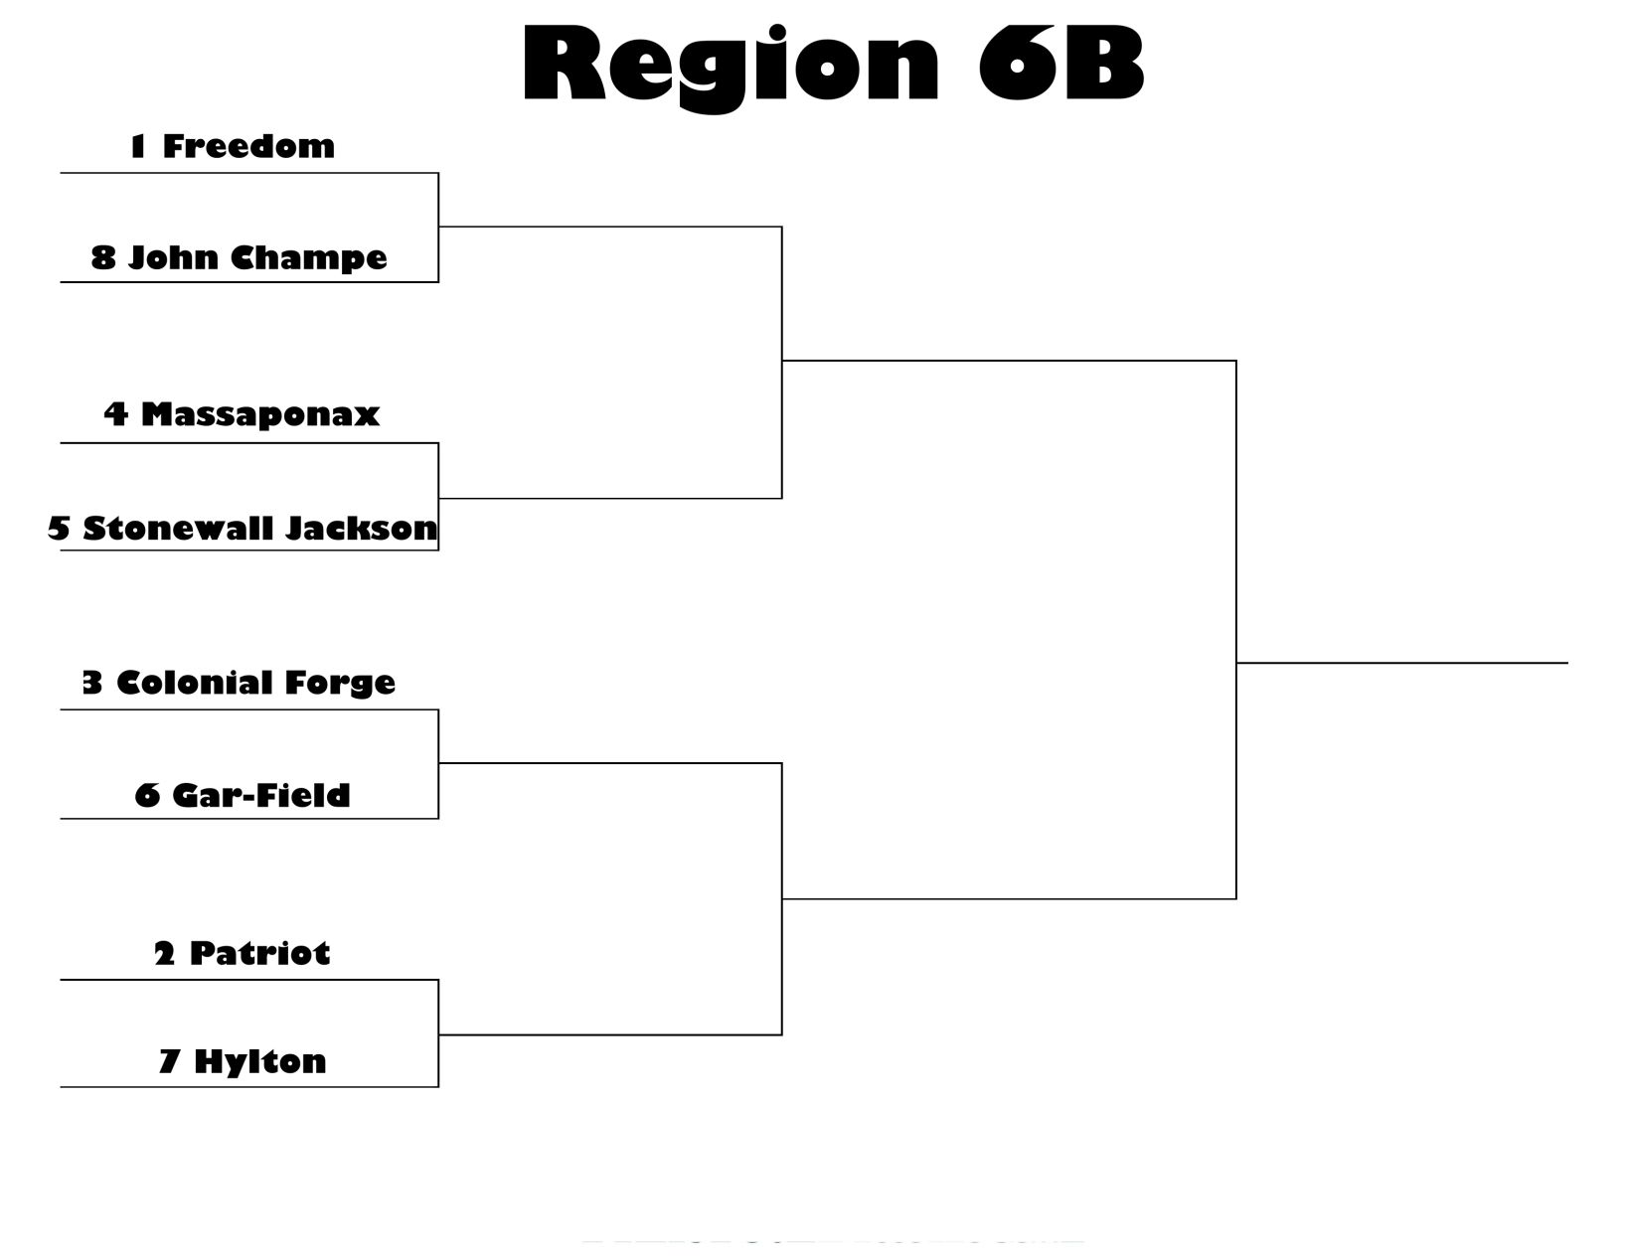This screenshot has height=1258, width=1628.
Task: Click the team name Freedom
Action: click(248, 146)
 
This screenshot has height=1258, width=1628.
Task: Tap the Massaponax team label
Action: click(259, 413)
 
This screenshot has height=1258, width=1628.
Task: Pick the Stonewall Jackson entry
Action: click(259, 528)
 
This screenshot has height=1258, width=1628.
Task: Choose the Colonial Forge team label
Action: click(255, 683)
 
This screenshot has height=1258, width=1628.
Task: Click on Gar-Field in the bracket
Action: click(260, 795)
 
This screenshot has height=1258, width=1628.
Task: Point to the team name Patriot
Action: click(259, 953)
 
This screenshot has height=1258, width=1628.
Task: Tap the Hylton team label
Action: click(259, 1061)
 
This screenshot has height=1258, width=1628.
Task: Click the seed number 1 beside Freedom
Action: click(137, 146)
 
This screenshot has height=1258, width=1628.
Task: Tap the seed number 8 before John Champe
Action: click(103, 257)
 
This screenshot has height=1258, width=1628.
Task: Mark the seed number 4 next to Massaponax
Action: click(116, 413)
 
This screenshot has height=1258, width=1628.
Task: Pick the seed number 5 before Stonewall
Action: click(59, 528)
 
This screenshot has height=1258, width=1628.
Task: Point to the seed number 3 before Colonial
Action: click(92, 683)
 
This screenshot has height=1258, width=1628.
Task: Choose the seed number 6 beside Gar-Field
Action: click(147, 795)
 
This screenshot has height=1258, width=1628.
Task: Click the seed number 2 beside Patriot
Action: click(164, 954)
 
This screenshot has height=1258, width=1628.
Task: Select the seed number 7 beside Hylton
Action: click(169, 1061)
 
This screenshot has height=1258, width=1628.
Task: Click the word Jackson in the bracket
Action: click(361, 528)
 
